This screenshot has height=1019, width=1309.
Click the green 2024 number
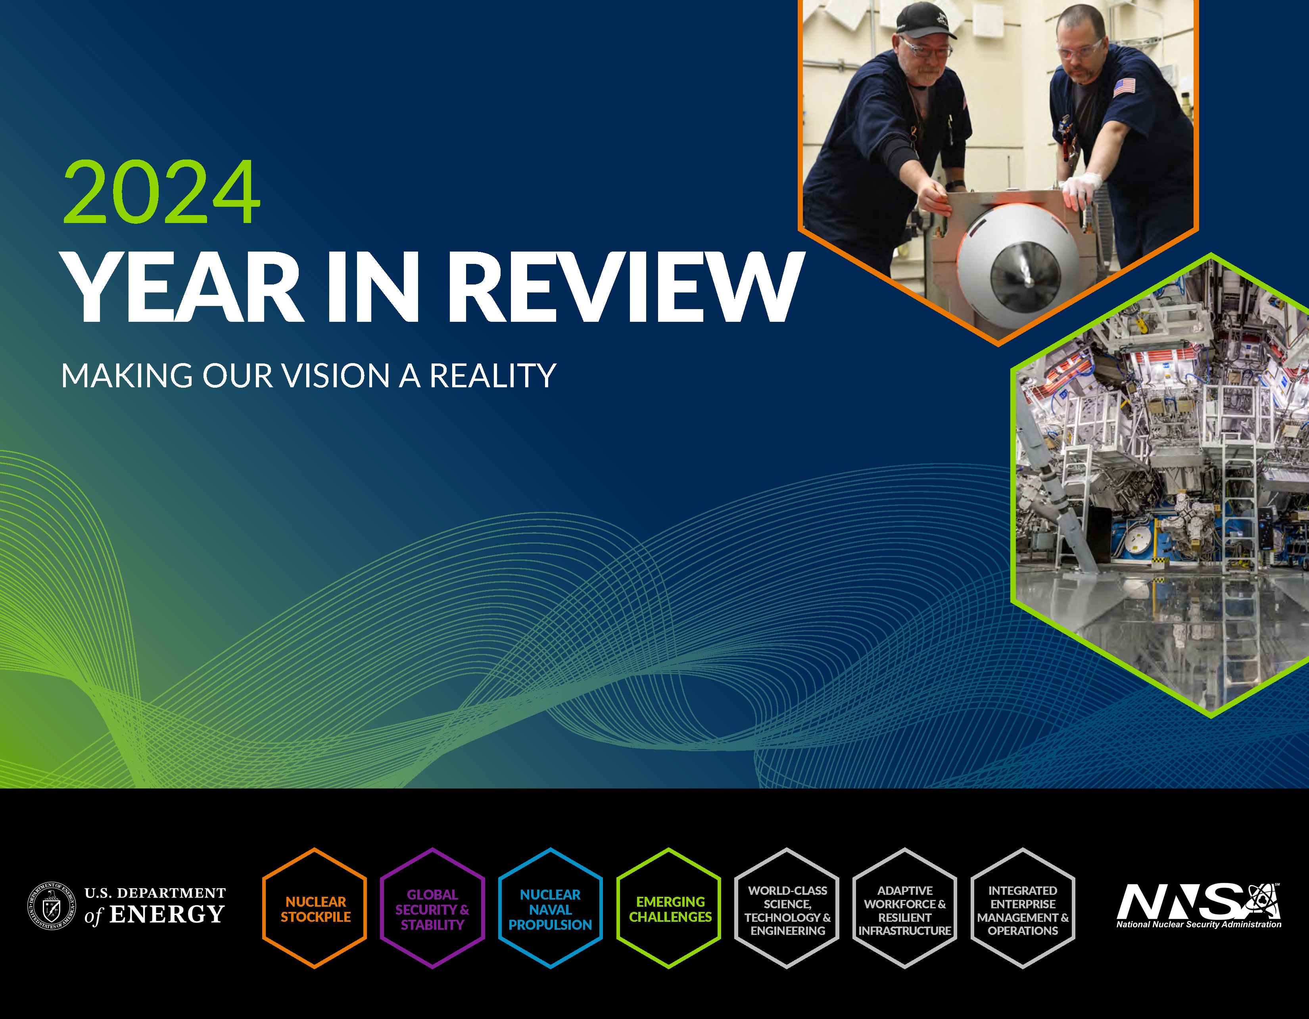tap(162, 192)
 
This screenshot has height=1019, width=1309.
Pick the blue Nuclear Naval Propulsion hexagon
tap(550, 908)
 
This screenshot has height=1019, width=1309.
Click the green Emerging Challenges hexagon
tap(669, 908)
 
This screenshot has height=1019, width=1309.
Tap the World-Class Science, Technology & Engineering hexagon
tap(787, 908)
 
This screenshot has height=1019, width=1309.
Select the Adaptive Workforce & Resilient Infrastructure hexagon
tap(905, 908)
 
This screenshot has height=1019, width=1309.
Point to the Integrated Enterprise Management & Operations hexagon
tap(1023, 908)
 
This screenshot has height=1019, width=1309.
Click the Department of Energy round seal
tap(52, 906)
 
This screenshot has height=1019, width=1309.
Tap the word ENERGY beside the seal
tap(167, 915)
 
